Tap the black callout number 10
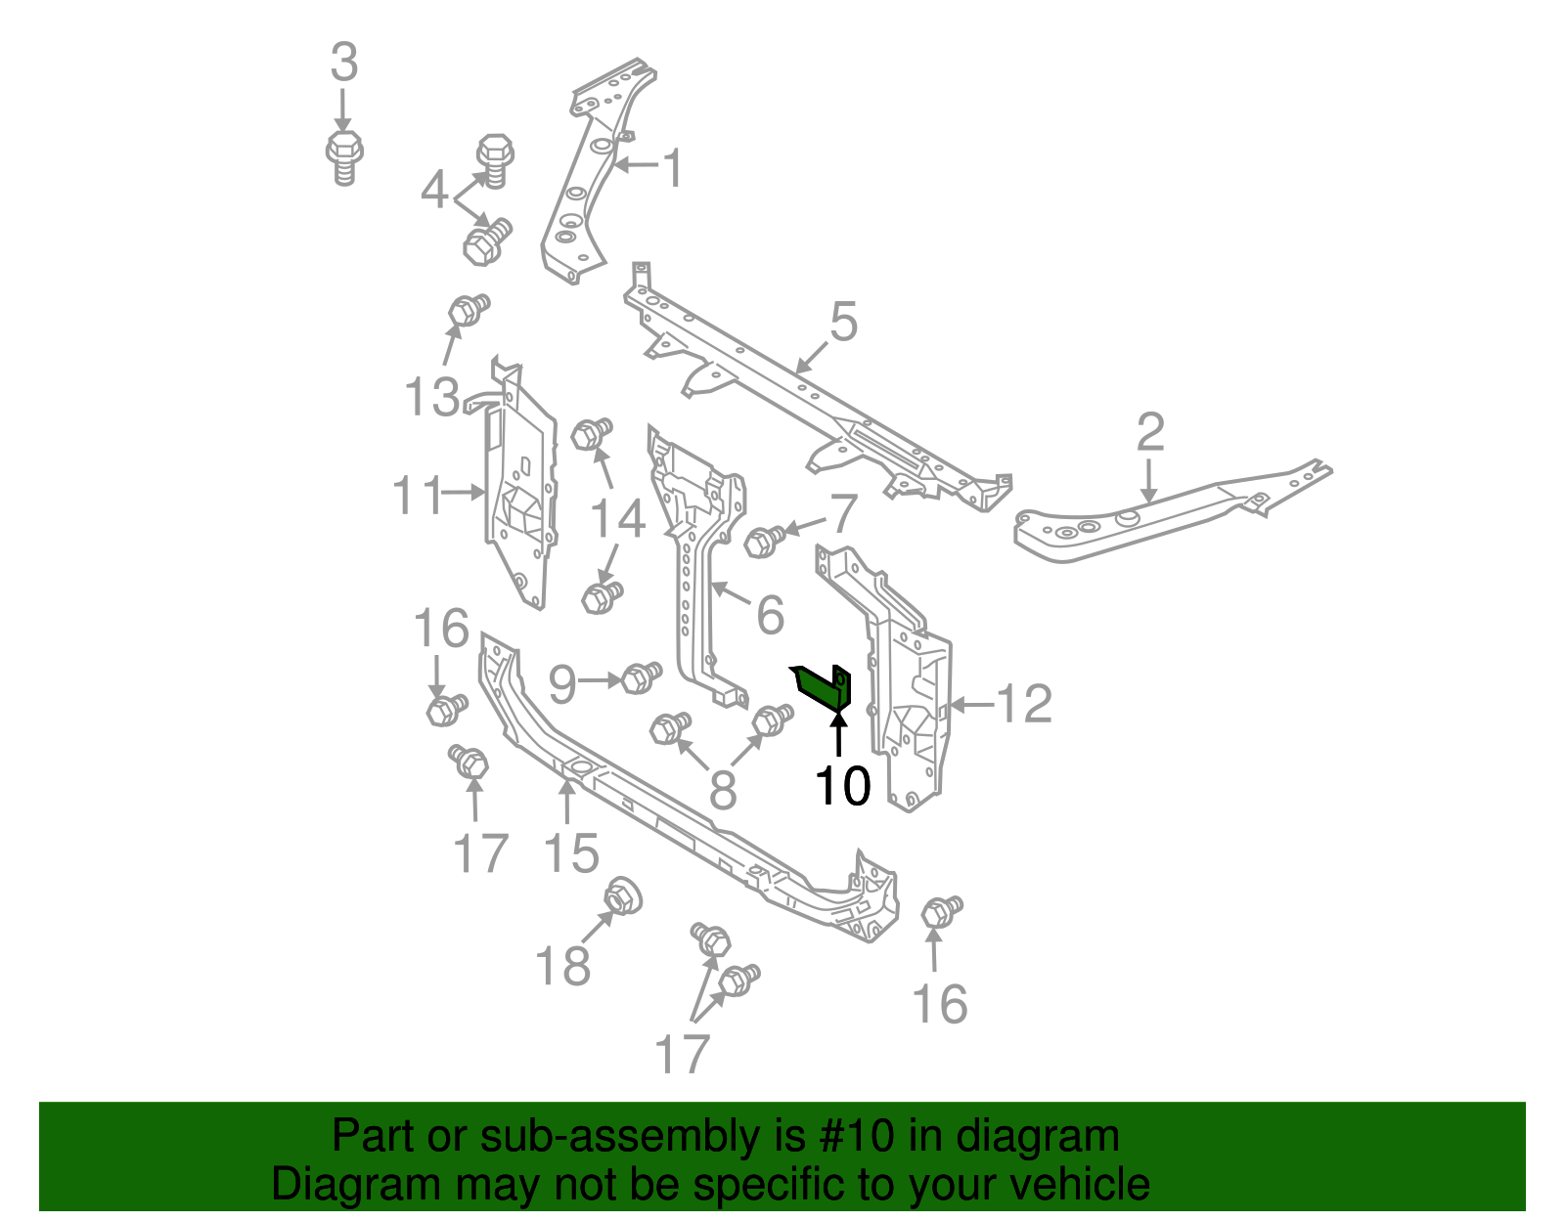(x=842, y=784)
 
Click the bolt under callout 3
(x=343, y=157)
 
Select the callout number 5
(x=843, y=322)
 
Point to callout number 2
(x=1150, y=432)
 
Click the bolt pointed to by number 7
(x=764, y=540)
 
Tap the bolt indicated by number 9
(x=641, y=676)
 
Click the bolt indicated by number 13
(x=469, y=310)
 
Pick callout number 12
(x=1023, y=704)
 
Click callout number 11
(x=418, y=496)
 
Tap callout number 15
(x=571, y=853)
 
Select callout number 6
(x=771, y=615)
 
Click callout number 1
(x=673, y=168)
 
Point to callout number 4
(x=434, y=190)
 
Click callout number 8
(x=722, y=790)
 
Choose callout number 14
(x=617, y=518)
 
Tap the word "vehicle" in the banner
(x=1079, y=1184)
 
